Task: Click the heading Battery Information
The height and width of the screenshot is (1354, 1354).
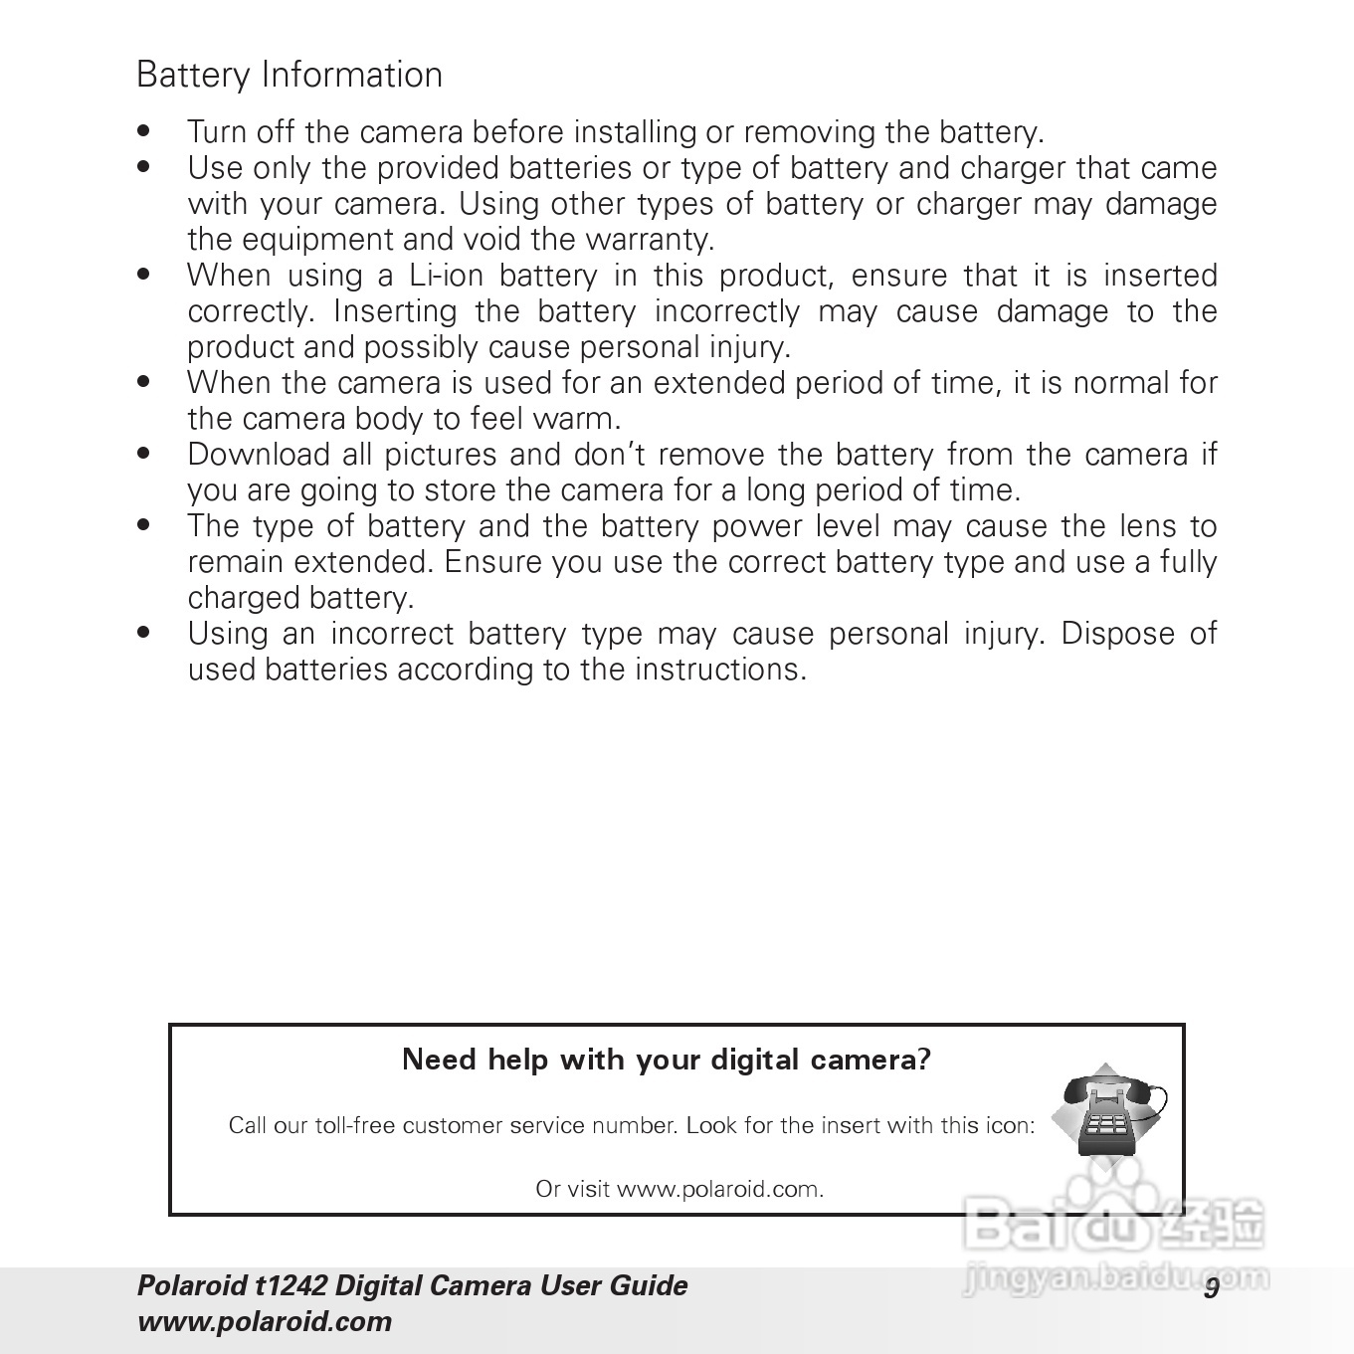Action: point(289,75)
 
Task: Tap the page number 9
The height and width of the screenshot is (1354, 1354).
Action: point(1211,1287)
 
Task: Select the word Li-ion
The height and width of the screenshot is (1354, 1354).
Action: point(446,276)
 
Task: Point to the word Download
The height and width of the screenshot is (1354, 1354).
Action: point(258,455)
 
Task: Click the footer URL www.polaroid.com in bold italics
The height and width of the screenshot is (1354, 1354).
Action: point(264,1322)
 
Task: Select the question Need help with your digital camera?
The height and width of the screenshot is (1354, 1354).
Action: point(667,1060)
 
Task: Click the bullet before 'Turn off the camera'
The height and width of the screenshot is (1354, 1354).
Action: point(145,130)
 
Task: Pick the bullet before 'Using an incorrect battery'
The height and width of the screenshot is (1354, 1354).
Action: point(145,632)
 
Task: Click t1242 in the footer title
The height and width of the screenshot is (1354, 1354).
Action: point(290,1286)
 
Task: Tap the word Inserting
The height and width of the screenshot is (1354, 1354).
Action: point(394,311)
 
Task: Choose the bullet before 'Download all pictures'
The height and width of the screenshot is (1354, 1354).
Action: point(145,453)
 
